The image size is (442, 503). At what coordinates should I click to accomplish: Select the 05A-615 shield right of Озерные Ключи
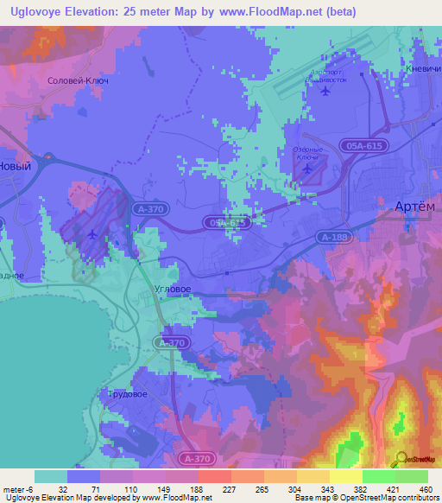pyautogui.click(x=363, y=148)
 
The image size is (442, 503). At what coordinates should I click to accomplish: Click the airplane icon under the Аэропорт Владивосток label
pyautogui.click(x=324, y=90)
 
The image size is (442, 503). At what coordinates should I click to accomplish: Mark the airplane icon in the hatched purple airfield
pyautogui.click(x=93, y=234)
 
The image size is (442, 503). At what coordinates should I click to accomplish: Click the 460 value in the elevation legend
pyautogui.click(x=426, y=489)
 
